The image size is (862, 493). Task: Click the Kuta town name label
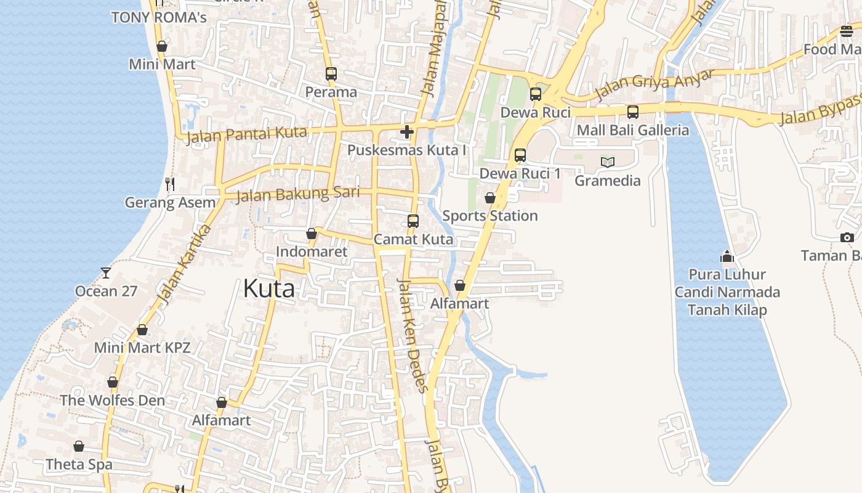pos(269,288)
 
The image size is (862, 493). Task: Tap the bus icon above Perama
pos(331,74)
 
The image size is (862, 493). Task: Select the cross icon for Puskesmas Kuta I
pos(407,132)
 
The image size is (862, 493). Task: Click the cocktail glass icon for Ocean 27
pos(106,272)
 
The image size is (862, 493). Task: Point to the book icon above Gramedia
pos(608,163)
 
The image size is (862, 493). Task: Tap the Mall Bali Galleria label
pos(633,130)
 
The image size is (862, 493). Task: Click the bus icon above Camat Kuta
pos(413,221)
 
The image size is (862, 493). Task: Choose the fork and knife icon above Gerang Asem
pos(170,184)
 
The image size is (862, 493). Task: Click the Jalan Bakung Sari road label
pos(298,194)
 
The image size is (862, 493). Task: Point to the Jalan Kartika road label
pos(184,265)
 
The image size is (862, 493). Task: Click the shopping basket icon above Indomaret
pos(312,234)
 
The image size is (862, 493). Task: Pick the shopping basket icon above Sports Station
pos(490,198)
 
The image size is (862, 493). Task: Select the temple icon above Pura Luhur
pos(727,256)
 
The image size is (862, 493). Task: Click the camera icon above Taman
pos(847,237)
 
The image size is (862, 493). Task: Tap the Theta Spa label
pos(79,464)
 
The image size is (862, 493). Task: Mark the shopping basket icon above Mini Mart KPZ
pos(142,330)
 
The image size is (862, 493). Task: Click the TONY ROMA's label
pos(159,17)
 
